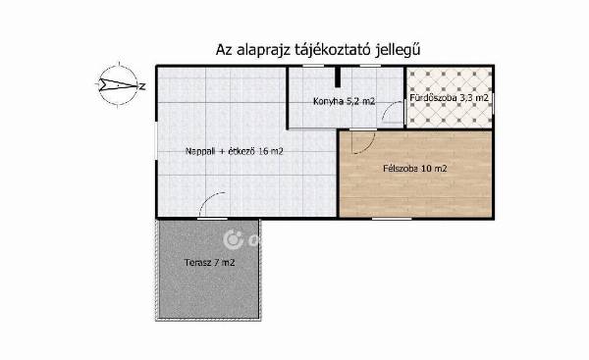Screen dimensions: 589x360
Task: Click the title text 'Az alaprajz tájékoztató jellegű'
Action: click(318, 50)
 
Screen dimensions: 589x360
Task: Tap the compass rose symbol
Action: click(119, 84)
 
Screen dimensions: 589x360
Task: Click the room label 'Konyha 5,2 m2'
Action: click(345, 101)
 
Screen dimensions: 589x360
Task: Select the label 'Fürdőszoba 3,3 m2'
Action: click(450, 98)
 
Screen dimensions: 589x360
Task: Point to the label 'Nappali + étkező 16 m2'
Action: click(235, 151)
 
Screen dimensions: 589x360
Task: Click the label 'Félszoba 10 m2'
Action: click(415, 169)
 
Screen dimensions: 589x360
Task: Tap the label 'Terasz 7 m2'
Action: click(210, 263)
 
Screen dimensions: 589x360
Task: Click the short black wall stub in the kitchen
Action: click(338, 77)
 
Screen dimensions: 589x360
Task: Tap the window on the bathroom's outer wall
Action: click(493, 103)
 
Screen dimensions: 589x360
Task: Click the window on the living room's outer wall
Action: click(157, 140)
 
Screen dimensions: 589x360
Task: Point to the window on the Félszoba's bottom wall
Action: click(392, 218)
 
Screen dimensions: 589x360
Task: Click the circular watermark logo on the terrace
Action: click(234, 239)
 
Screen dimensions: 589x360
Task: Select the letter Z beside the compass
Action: click(142, 86)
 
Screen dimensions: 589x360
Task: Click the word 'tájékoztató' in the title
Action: click(331, 50)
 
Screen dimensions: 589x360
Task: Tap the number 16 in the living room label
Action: click(263, 151)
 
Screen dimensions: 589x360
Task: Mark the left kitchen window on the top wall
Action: click(313, 66)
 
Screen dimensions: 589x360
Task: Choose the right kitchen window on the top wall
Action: click(370, 66)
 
